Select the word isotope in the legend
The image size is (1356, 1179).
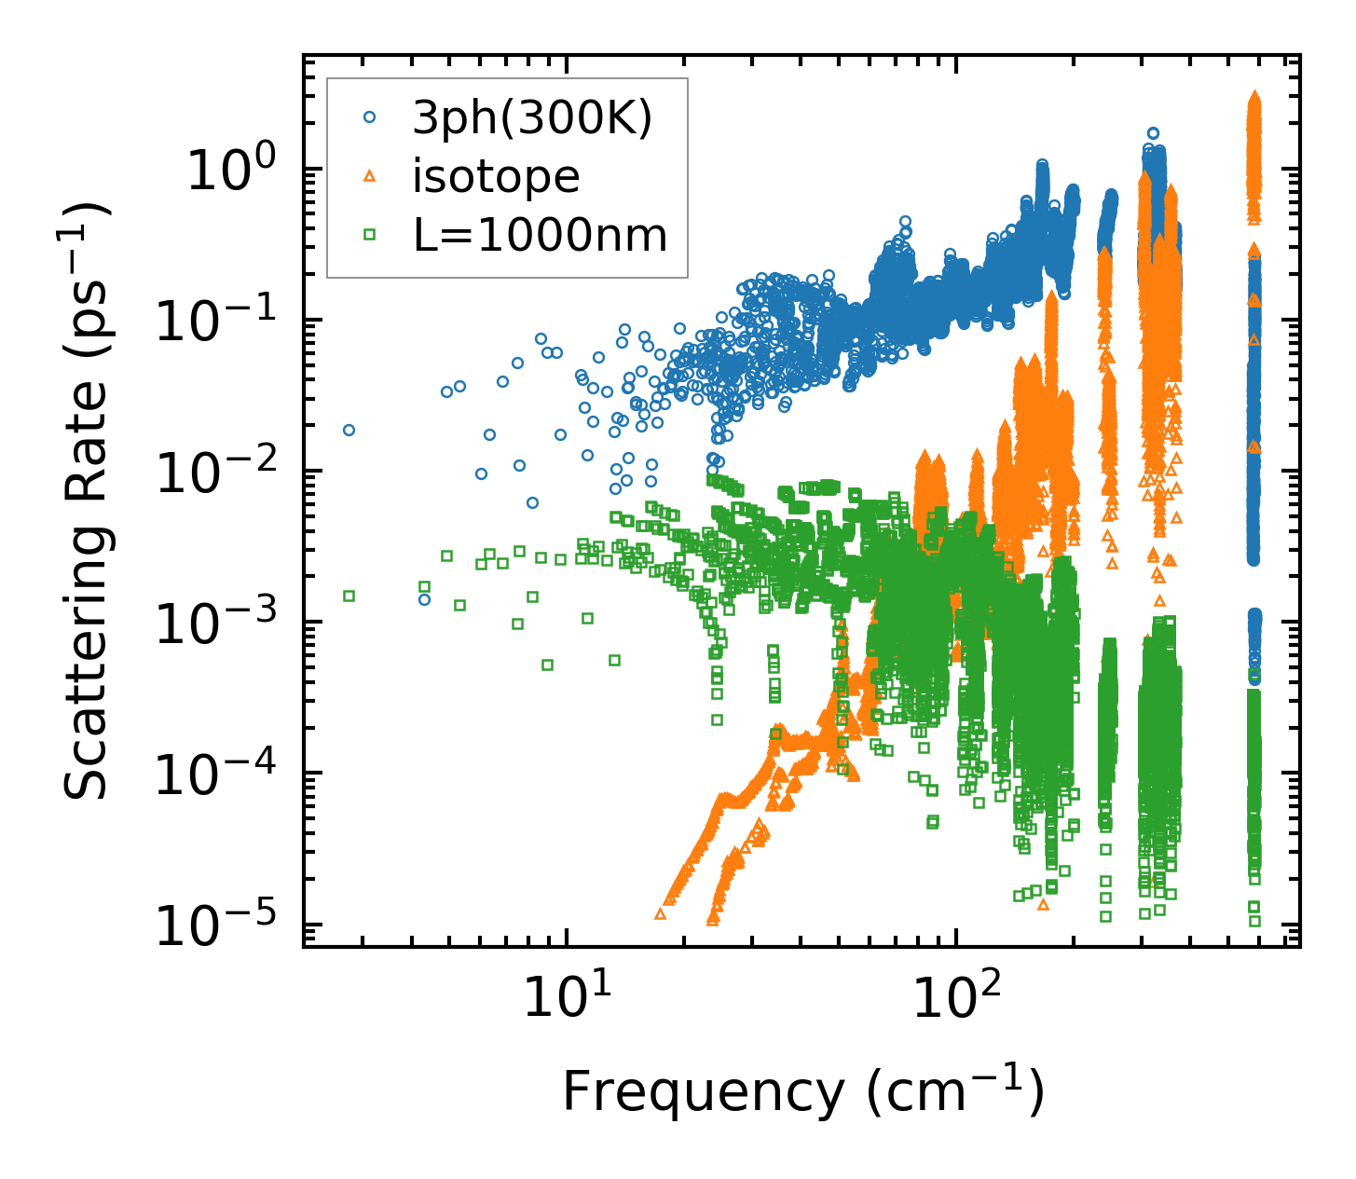tap(496, 176)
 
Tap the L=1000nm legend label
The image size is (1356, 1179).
tap(541, 236)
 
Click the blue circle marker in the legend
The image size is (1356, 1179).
tap(370, 117)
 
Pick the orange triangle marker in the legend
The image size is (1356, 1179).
tap(370, 176)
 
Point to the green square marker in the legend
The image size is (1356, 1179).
tap(370, 236)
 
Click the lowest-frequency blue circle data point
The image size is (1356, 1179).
tap(349, 430)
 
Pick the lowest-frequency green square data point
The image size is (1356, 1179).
tap(349, 596)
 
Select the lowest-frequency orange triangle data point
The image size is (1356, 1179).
tap(660, 914)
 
